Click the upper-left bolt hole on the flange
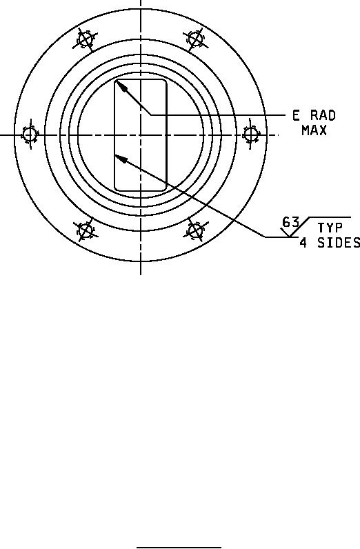click(85, 39)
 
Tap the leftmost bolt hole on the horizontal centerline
click(30, 134)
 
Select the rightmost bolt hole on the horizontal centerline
click(250, 134)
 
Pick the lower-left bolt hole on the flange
click(85, 230)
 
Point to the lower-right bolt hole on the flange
click(195, 230)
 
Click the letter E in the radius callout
click(296, 115)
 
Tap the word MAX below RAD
click(314, 130)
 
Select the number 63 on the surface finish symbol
click(290, 222)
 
